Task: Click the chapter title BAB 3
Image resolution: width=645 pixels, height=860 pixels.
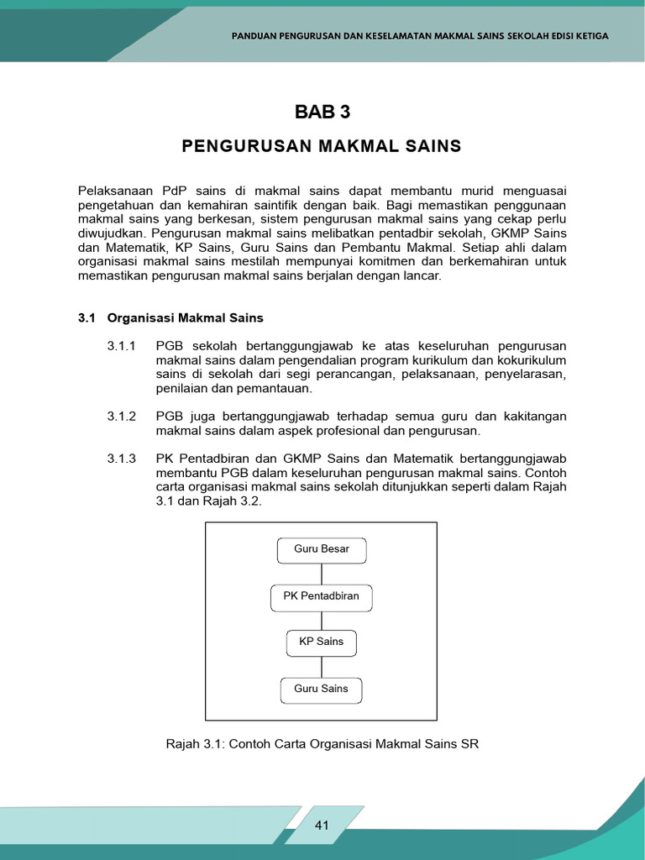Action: (x=322, y=113)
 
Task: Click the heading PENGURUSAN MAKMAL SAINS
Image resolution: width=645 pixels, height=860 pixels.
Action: (x=322, y=146)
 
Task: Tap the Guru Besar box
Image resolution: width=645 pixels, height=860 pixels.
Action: (x=322, y=550)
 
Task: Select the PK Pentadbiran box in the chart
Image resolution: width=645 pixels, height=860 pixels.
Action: (x=322, y=597)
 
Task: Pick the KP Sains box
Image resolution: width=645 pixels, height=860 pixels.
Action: (x=322, y=642)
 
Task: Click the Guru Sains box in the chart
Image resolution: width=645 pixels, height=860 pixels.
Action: (x=322, y=690)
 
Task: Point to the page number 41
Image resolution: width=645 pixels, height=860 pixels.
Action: (x=322, y=826)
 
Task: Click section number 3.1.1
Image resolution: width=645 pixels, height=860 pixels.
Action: (x=122, y=346)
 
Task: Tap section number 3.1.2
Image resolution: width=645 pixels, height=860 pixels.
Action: (x=122, y=417)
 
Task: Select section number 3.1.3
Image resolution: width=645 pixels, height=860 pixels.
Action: (x=122, y=459)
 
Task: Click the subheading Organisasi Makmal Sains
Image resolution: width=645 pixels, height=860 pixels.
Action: (x=186, y=318)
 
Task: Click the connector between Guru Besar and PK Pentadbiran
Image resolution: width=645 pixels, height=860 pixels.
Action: (x=322, y=574)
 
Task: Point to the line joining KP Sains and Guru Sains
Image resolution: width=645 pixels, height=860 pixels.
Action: (x=322, y=666)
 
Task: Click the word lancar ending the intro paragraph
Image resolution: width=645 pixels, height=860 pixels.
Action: (x=419, y=276)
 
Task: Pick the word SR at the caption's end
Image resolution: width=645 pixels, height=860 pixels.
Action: (x=470, y=744)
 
